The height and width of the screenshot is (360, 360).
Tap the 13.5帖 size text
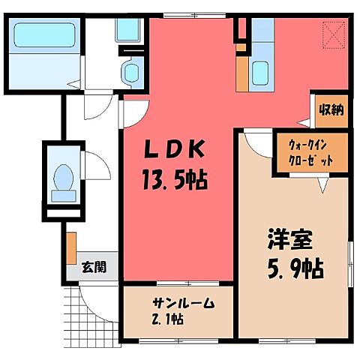pyautogui.click(x=175, y=179)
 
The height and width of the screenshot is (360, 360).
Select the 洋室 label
pyautogui.click(x=288, y=243)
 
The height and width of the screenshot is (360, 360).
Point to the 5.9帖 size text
pyautogui.click(x=295, y=268)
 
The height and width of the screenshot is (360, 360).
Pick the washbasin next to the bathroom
pyautogui.click(x=131, y=73)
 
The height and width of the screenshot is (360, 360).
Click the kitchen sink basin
pyautogui.click(x=261, y=73)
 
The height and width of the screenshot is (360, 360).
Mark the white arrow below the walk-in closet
pyautogui.click(x=324, y=184)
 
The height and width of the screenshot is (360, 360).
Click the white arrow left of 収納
pyautogui.click(x=303, y=120)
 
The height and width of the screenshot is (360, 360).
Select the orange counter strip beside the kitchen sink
pyautogui.click(x=241, y=72)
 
